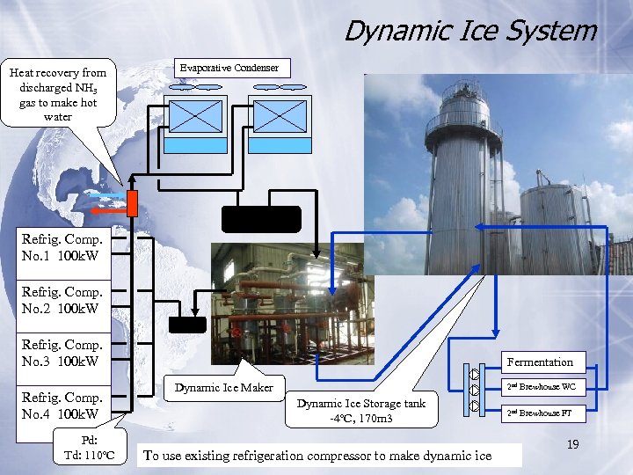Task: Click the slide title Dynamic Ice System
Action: [469, 31]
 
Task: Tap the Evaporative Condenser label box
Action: [229, 68]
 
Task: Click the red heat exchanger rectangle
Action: [132, 203]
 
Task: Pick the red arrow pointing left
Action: [108, 211]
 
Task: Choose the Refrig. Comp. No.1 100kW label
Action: [62, 247]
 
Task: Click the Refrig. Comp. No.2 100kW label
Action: [62, 300]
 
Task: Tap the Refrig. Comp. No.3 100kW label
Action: [62, 353]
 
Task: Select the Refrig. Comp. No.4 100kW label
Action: [62, 406]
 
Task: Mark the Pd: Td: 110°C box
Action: [90, 448]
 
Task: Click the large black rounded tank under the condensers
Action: [261, 219]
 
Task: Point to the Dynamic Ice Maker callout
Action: [223, 387]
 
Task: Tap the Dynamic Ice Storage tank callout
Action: [360, 410]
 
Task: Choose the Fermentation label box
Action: [540, 362]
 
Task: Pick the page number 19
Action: [572, 445]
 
